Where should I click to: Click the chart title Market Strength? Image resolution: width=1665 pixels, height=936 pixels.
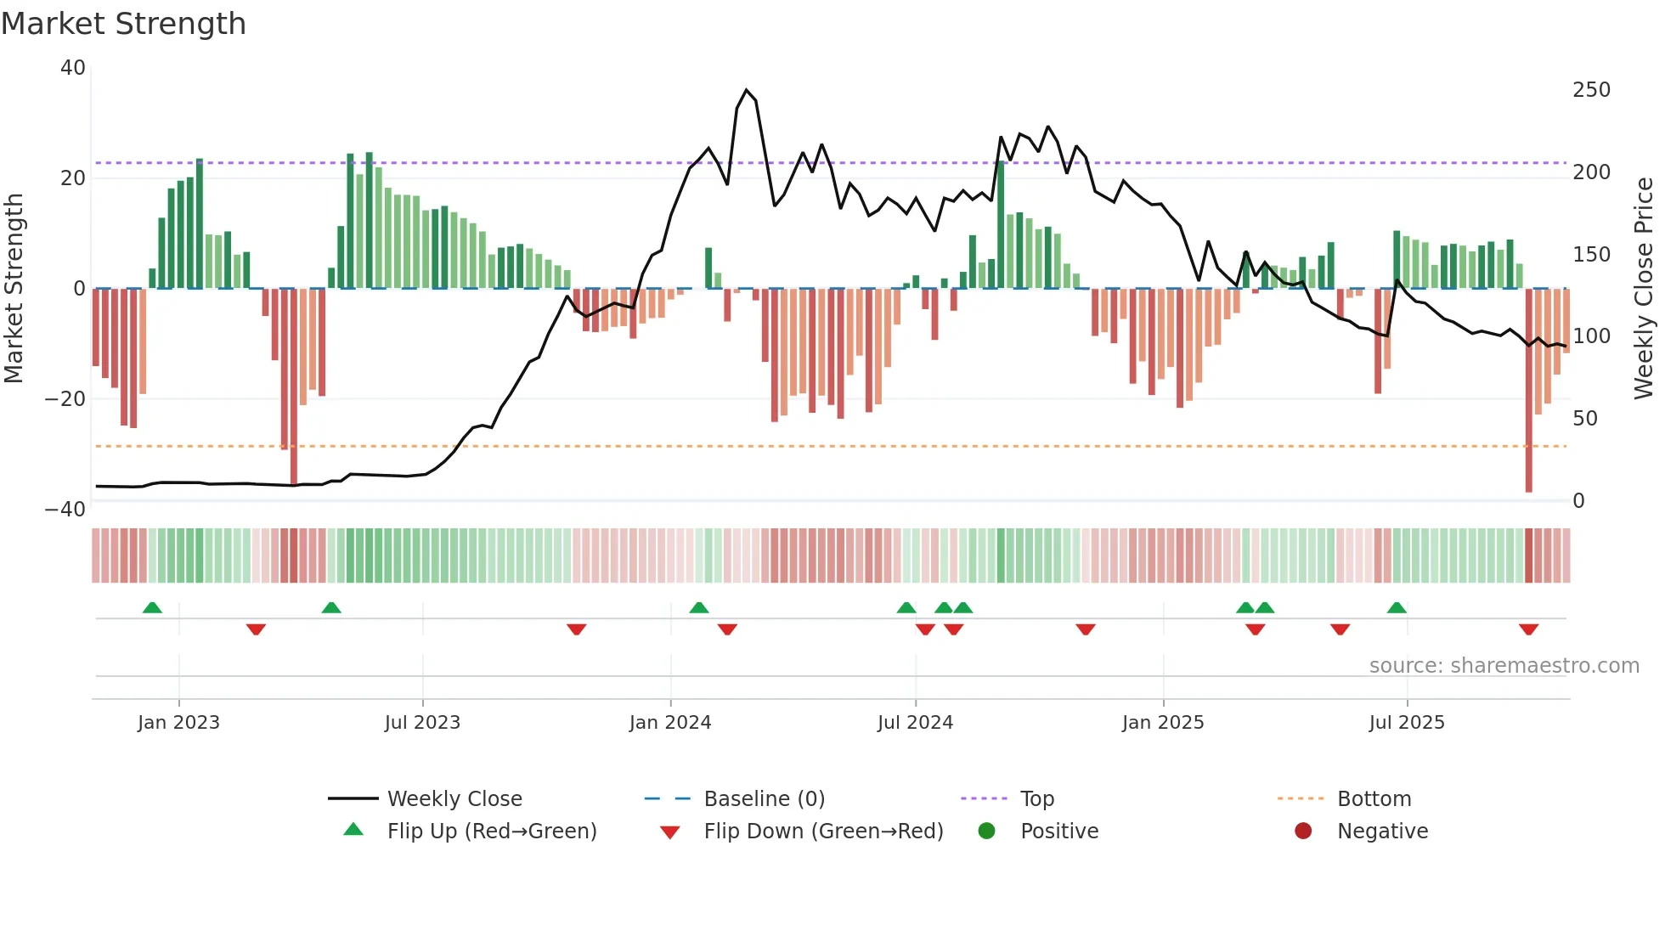click(x=124, y=24)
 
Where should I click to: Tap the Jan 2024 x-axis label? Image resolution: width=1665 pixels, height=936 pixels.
click(x=670, y=723)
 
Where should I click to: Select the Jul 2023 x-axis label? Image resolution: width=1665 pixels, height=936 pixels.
click(x=422, y=723)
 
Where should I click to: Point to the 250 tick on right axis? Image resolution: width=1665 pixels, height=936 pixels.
click(x=1590, y=90)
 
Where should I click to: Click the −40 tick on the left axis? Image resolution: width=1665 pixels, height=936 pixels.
click(x=65, y=510)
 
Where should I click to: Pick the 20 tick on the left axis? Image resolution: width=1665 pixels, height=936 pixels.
click(x=73, y=178)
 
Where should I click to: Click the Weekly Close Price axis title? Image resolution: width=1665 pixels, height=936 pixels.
click(x=1644, y=289)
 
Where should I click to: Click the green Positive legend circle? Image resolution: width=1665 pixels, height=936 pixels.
click(x=986, y=832)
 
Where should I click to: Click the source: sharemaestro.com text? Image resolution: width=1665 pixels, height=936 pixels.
click(x=1504, y=666)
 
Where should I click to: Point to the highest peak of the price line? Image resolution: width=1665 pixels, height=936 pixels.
click(x=747, y=90)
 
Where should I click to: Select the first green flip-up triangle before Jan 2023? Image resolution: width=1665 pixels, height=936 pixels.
click(x=152, y=608)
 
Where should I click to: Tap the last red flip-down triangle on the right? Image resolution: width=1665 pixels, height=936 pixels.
click(x=1528, y=629)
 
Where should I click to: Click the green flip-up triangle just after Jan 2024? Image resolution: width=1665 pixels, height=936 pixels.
click(x=698, y=608)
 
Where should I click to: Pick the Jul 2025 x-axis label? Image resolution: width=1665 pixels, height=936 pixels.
click(x=1407, y=723)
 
